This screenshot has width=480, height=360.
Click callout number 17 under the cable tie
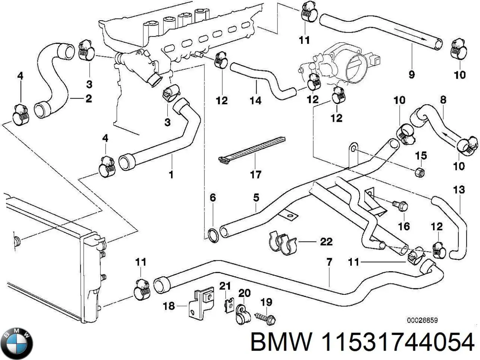pyautogui.click(x=255, y=174)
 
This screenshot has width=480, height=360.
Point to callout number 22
pyautogui.click(x=326, y=241)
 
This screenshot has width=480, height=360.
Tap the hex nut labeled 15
pyautogui.click(x=420, y=172)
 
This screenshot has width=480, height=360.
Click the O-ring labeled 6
pyautogui.click(x=213, y=235)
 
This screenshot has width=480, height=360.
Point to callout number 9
pyautogui.click(x=411, y=75)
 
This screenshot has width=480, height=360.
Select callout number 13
pyautogui.click(x=459, y=190)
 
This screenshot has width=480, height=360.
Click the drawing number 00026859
pyautogui.click(x=422, y=321)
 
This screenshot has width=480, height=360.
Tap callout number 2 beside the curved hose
pyautogui.click(x=88, y=99)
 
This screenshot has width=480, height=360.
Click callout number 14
pyautogui.click(x=256, y=100)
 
